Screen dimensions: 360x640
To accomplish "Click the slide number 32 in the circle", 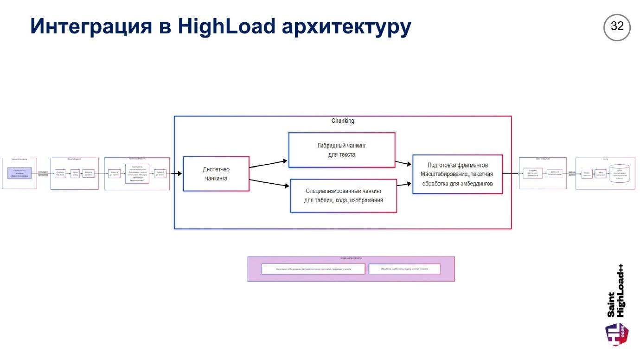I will click(617, 27).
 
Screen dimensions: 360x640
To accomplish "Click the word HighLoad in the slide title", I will click(227, 26).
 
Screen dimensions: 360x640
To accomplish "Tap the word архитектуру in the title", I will click(346, 27).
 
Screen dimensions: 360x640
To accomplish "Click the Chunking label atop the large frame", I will click(343, 121).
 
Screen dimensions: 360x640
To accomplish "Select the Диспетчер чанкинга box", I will click(216, 174).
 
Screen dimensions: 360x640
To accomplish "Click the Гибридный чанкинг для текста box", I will click(341, 150).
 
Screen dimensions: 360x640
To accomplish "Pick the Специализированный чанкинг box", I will click(344, 195).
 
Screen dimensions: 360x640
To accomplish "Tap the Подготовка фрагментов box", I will click(457, 174).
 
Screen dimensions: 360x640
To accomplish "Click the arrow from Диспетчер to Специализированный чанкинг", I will click(269, 183).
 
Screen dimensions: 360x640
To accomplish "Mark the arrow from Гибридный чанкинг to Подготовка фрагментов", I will click(403, 163).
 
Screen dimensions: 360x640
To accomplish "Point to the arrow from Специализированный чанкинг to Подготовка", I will click(403, 184).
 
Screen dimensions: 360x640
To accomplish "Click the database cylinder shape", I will click(620, 174).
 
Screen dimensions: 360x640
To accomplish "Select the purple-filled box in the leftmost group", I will click(19, 174).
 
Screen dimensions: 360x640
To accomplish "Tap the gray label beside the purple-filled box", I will click(43, 174).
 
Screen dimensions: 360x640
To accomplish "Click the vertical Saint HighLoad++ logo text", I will click(615, 291).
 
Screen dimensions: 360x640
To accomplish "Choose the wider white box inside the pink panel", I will click(313, 269).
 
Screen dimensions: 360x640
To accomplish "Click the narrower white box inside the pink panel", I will click(404, 269).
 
